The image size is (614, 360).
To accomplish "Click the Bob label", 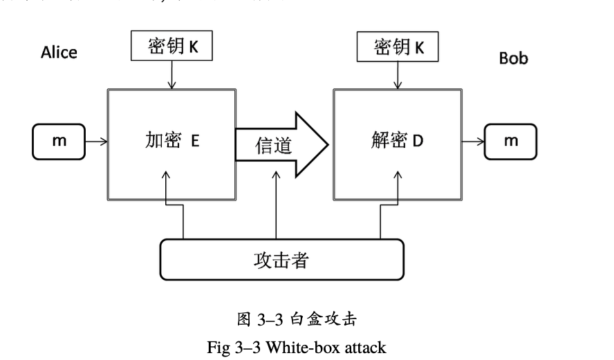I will [513, 59].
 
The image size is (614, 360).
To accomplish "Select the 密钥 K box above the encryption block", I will [173, 46].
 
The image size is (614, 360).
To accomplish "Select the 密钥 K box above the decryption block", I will [398, 46].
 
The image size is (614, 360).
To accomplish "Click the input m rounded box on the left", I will [57, 142].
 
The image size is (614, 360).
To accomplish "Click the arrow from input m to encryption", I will [96, 142].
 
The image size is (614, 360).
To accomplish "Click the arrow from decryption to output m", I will [472, 142].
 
